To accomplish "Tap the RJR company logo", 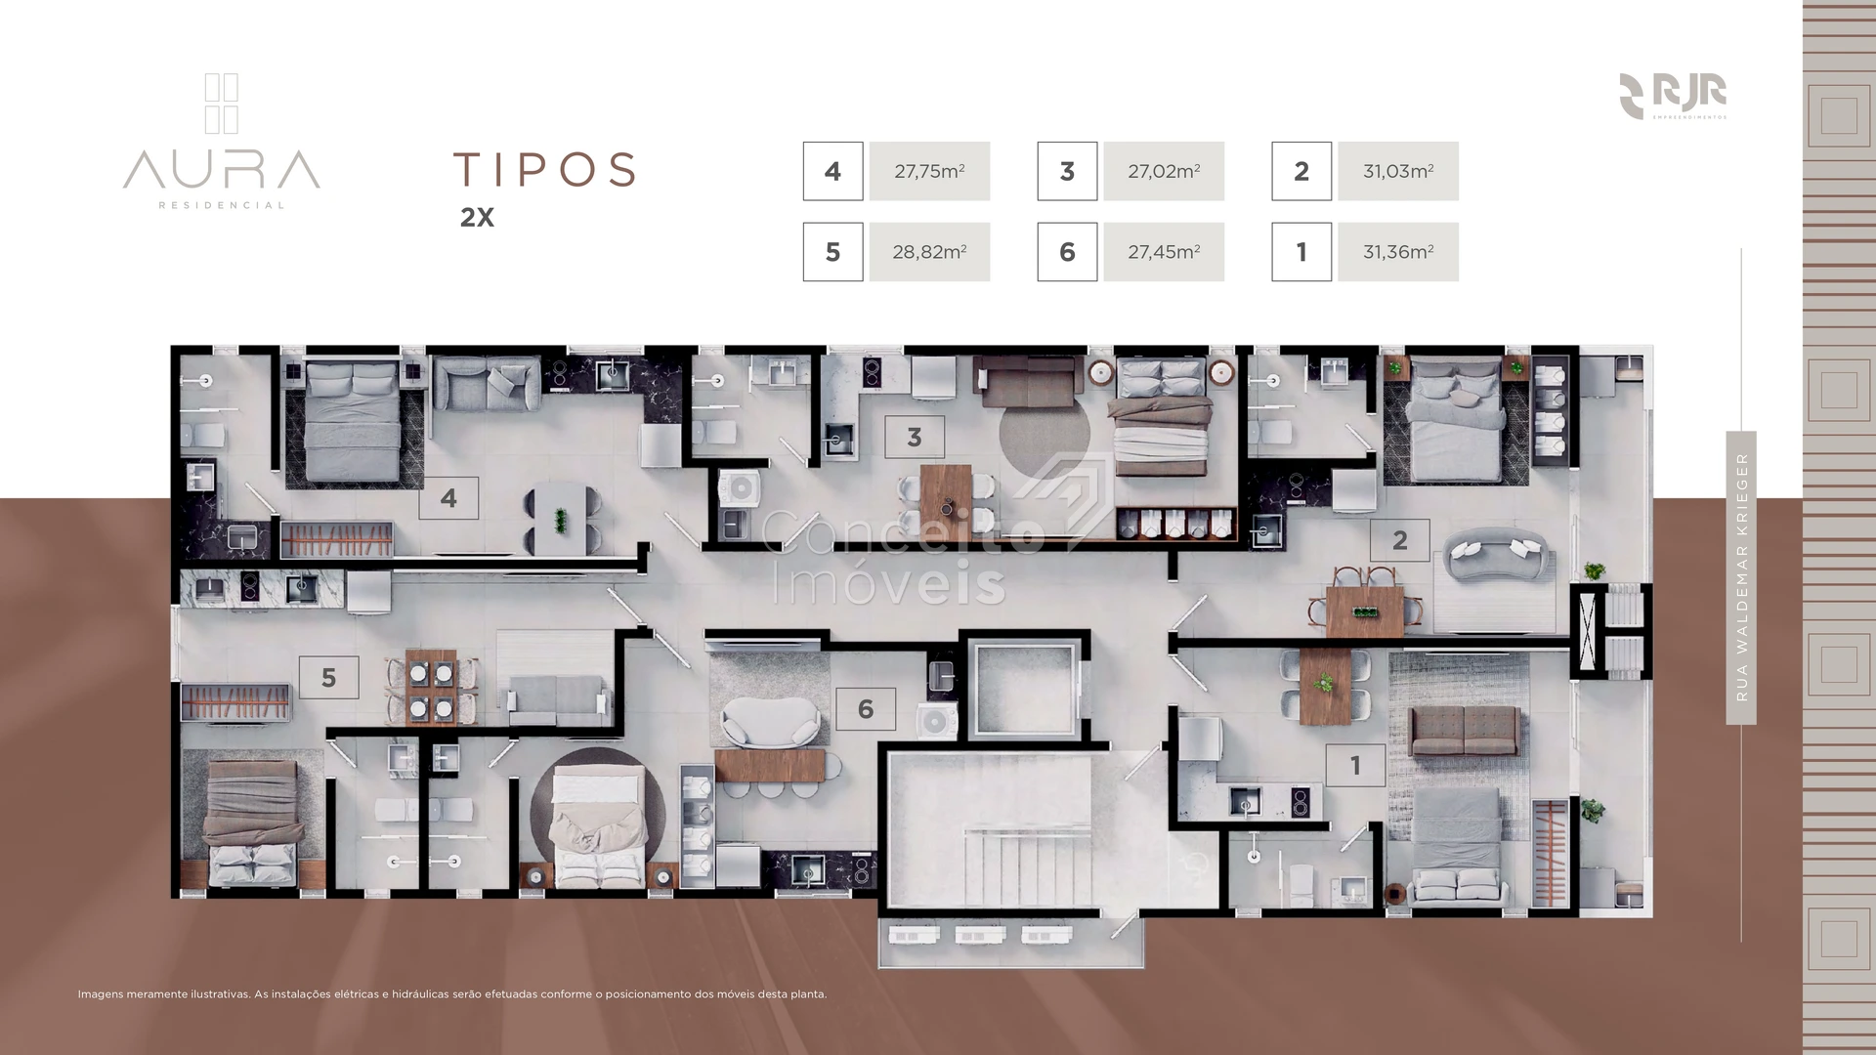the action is pos(1673,96).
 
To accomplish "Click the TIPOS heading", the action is pos(544,169).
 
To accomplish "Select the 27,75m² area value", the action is pos(929,171).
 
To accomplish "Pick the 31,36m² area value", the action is pos(1398,252).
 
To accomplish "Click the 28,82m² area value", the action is pos(929,252).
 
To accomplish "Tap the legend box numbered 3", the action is pos(1067,171).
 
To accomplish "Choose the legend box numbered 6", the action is pos(1067,252).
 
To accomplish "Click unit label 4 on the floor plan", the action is pos(448,498).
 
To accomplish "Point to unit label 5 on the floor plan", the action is pos(328,677).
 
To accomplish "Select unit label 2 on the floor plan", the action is pos(1400,540).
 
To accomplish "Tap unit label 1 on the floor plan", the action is pos(1355,766).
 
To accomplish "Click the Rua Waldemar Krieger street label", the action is pos(1741,577).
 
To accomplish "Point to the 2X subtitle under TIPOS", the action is pos(477,218).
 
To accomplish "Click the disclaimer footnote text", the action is pos(452,994).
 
